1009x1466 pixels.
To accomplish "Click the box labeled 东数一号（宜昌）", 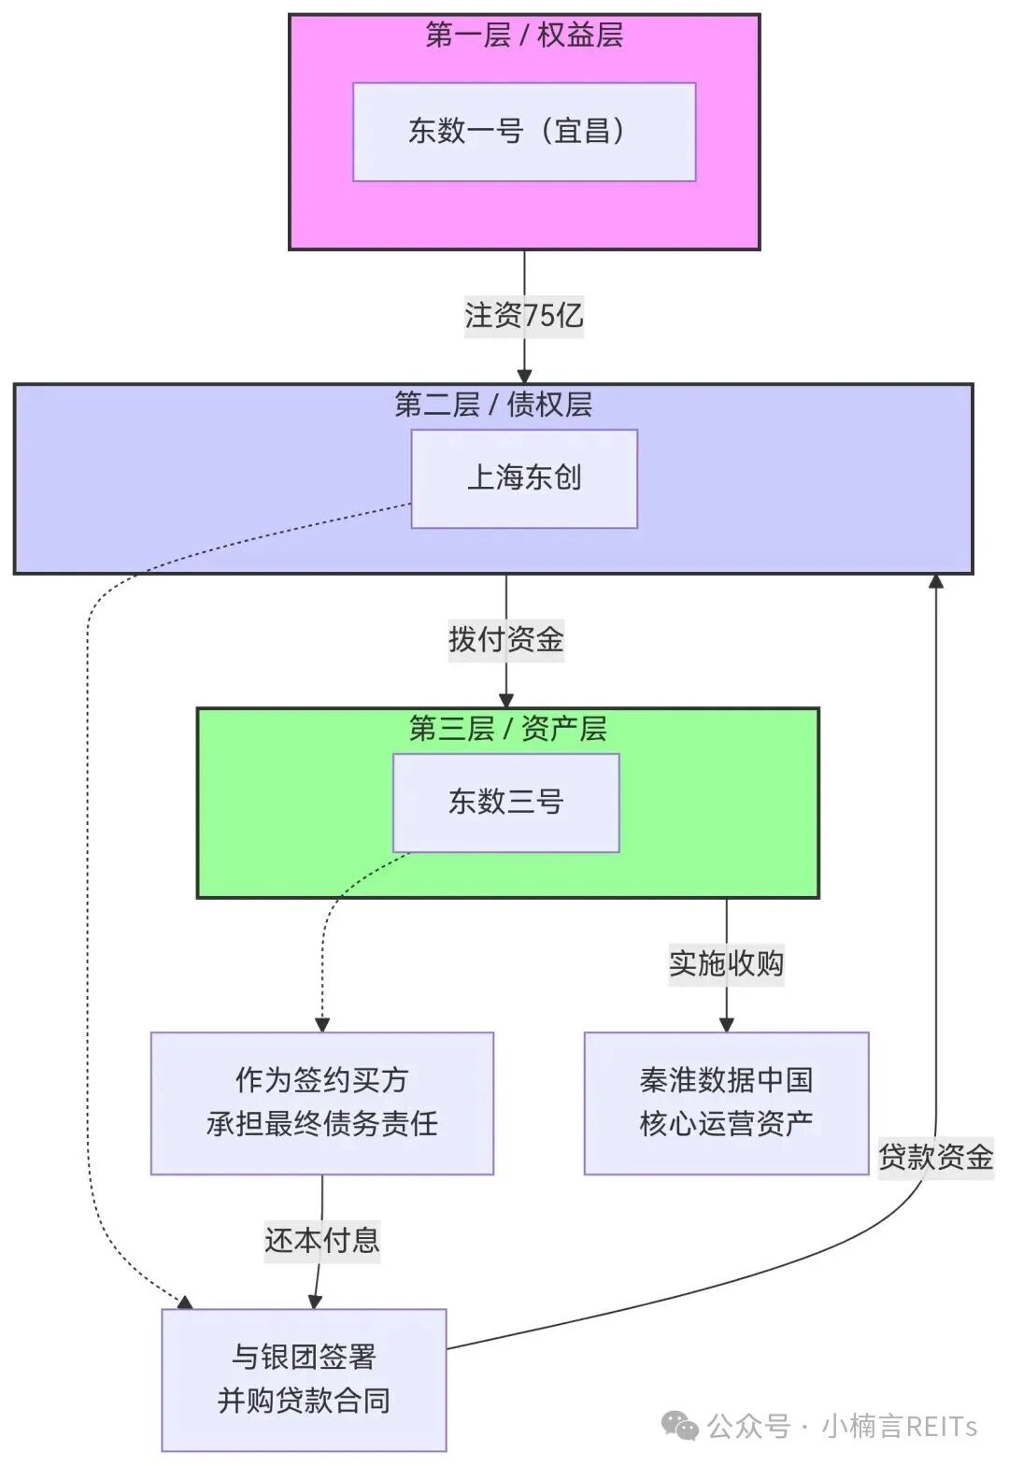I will [524, 132].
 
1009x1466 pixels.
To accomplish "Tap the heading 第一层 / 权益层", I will [524, 36].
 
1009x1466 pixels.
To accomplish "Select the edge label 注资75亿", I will [524, 316].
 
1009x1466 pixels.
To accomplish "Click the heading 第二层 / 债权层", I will [493, 405].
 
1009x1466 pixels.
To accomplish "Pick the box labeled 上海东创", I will [524, 478].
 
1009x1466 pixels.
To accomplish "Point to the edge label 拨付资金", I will [505, 640].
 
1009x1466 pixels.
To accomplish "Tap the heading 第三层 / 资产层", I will [507, 729].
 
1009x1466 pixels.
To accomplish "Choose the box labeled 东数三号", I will [505, 803].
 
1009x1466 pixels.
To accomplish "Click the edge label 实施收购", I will [726, 964].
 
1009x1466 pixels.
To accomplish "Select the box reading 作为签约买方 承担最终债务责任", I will [322, 1103].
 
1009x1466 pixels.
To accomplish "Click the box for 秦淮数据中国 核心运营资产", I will [726, 1103].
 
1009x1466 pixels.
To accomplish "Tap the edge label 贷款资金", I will [935, 1158].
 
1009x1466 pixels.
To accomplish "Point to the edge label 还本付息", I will [322, 1241].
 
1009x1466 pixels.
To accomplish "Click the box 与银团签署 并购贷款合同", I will [304, 1379].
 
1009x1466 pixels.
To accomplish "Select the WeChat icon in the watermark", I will [680, 1426].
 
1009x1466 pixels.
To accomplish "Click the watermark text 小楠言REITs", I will [899, 1427].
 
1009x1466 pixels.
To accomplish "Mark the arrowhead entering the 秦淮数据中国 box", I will [726, 1024].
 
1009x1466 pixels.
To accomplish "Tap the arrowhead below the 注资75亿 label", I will [524, 375].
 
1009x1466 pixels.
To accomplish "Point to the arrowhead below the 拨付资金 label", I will [505, 699].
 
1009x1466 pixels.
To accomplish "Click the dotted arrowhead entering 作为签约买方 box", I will [322, 1024].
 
